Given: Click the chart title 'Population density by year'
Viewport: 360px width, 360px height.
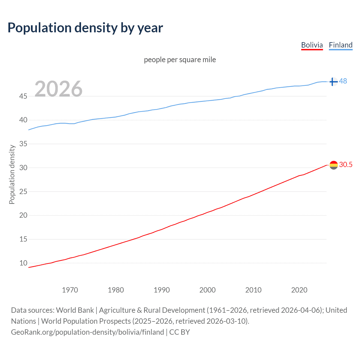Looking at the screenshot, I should (85, 28).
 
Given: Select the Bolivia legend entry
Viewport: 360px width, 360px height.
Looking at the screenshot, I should (312, 45).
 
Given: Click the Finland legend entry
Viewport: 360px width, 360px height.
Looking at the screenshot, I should (341, 45).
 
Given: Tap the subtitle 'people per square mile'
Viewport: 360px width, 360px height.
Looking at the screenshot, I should (180, 60).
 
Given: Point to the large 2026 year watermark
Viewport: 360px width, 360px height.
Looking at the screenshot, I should (58, 89).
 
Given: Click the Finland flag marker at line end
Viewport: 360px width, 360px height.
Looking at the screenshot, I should (333, 82).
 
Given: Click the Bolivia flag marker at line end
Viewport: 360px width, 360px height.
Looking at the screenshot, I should (334, 165).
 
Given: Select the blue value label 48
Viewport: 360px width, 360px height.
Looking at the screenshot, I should (343, 81).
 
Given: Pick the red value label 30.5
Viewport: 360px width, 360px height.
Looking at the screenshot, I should (346, 165).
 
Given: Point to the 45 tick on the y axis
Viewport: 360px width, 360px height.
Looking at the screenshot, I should (23, 96).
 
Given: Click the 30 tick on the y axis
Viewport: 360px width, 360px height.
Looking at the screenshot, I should (23, 168).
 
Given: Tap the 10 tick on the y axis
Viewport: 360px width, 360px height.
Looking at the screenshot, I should (23, 263).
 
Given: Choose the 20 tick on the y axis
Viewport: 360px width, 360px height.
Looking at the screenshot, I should (23, 215).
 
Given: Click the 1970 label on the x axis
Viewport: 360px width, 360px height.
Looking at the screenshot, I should (70, 290).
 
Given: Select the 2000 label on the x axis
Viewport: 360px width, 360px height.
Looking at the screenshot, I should (207, 290).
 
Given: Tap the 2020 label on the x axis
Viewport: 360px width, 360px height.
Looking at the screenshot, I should (299, 290).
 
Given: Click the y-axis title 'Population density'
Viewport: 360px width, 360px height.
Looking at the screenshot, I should (12, 174).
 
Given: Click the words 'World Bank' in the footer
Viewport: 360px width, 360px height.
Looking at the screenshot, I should (75, 310).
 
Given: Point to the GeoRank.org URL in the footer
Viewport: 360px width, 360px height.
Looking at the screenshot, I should (87, 332).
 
